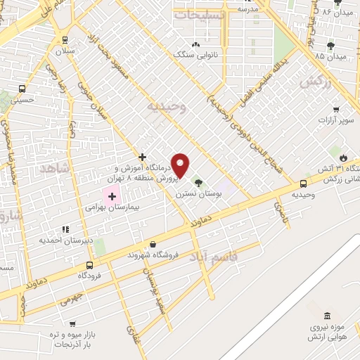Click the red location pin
(x=181, y=165)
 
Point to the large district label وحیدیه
(x=166, y=106)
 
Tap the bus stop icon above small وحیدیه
(x=303, y=184)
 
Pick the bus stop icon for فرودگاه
(x=89, y=265)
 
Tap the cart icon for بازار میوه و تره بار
(x=72, y=324)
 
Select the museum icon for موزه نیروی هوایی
(x=326, y=315)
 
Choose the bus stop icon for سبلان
(x=65, y=40)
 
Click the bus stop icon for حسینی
(x=22, y=89)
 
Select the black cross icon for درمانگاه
(x=143, y=157)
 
